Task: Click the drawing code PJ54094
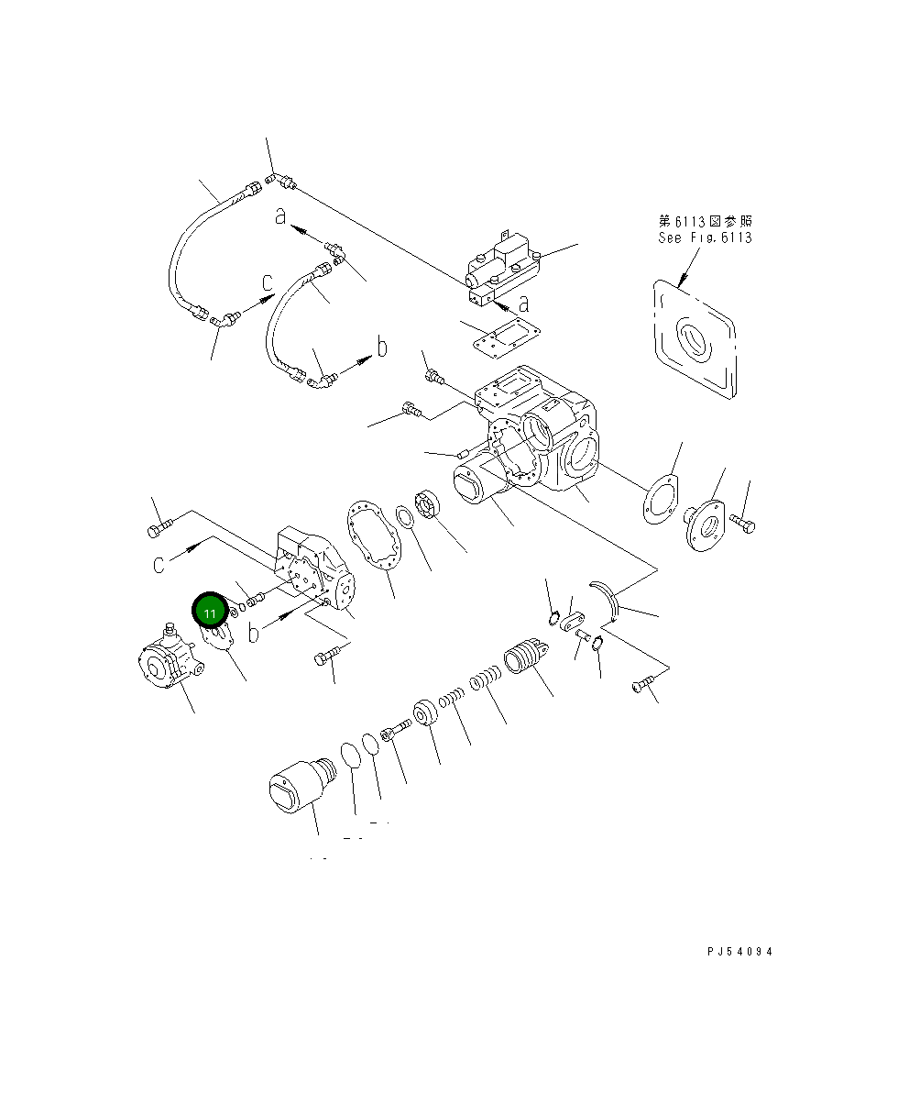click(x=739, y=952)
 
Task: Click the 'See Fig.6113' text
click(x=705, y=237)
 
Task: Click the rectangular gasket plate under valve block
click(x=501, y=338)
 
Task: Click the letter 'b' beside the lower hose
click(x=383, y=347)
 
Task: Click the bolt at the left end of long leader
click(x=158, y=528)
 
